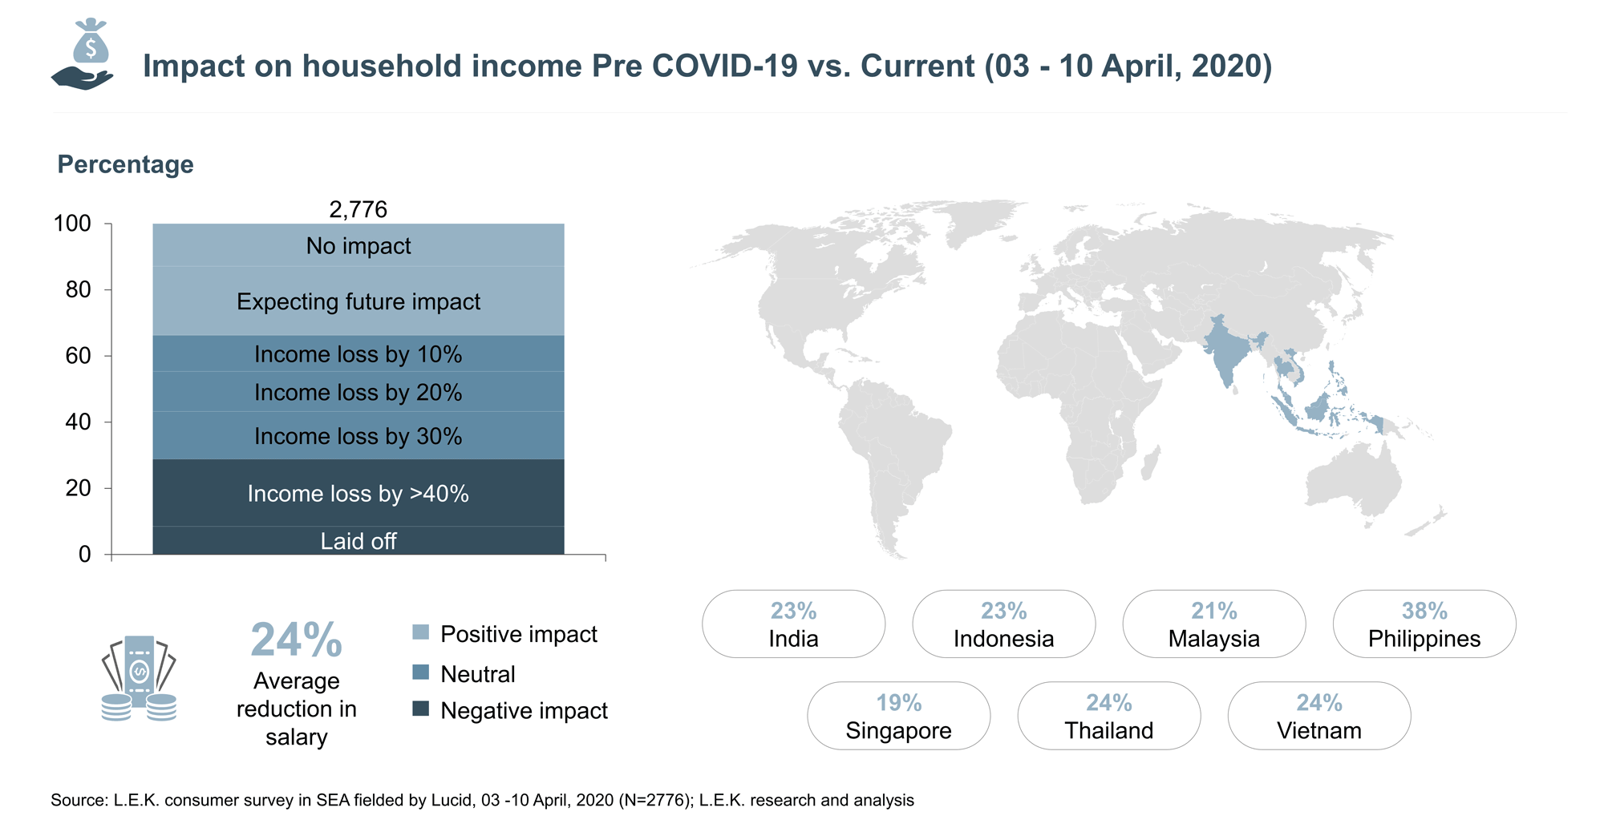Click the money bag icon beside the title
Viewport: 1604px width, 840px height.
[83, 54]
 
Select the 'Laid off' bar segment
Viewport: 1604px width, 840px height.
[358, 540]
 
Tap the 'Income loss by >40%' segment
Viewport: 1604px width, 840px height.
[358, 493]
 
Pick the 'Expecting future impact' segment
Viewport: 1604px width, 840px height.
[358, 301]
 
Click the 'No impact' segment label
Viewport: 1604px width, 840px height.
[358, 246]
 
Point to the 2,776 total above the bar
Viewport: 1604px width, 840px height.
[358, 209]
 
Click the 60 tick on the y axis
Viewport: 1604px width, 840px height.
[79, 356]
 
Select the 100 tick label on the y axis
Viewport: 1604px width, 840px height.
[72, 223]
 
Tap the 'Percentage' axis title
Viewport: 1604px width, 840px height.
[126, 164]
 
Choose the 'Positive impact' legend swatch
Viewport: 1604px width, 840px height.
[420, 632]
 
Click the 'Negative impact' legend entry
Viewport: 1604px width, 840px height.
[510, 710]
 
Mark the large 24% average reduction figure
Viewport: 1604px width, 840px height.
[297, 640]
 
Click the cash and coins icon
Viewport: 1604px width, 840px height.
[139, 678]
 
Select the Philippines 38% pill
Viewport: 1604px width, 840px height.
[1424, 624]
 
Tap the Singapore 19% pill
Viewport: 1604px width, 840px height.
[899, 716]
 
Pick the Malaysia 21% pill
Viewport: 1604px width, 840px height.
[1214, 624]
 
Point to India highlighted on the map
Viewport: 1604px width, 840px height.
[1225, 349]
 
